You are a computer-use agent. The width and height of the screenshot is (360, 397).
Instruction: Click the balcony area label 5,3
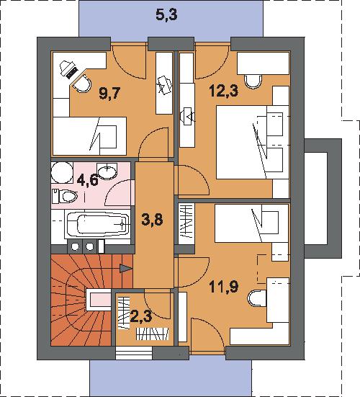166,14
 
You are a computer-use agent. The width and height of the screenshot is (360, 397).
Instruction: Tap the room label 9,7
109,94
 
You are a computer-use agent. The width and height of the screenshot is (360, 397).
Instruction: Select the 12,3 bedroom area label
224,91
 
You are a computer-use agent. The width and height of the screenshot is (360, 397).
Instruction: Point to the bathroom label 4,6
88,180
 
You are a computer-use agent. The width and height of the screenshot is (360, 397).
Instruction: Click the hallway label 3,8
152,220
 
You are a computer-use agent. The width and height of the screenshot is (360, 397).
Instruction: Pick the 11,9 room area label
224,287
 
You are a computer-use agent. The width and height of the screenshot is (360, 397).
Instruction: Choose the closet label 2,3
141,316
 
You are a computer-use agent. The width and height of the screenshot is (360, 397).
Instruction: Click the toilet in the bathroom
65,196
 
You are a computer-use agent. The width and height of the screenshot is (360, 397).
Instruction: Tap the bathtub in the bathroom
97,224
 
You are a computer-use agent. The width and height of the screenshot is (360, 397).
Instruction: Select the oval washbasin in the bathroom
107,171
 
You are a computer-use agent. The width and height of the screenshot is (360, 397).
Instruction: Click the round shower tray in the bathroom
62,172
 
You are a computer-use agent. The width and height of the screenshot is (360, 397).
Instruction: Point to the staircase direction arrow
126,268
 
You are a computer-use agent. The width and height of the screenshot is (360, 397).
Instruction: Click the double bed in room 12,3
253,142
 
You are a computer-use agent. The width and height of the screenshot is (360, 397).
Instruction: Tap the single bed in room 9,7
89,136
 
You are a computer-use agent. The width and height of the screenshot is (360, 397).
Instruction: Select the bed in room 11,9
251,223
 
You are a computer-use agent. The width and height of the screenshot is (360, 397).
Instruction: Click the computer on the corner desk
69,69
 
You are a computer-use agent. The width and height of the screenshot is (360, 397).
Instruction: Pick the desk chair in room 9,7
82,84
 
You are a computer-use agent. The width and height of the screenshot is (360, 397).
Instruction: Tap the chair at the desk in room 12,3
253,81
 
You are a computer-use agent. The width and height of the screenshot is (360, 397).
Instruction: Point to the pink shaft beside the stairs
99,300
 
